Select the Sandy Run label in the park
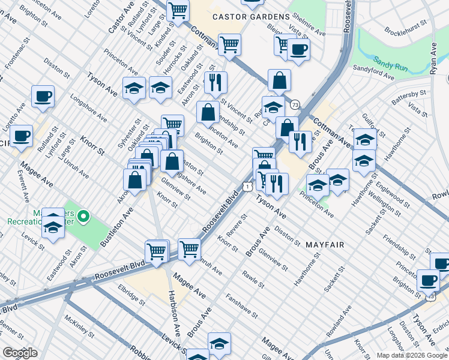[391, 61]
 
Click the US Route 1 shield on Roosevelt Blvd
[247, 187]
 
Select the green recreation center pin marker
[85, 215]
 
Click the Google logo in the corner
[20, 353]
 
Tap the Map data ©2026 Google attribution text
[412, 355]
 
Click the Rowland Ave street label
[339, 325]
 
